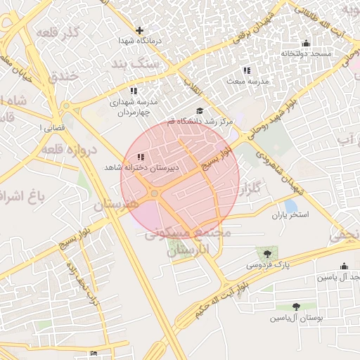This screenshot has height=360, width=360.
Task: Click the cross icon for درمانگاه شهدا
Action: pyautogui.click(x=139, y=30)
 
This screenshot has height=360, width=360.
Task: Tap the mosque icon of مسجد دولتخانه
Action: pyautogui.click(x=304, y=43)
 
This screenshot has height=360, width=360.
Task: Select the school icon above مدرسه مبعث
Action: pyautogui.click(x=246, y=70)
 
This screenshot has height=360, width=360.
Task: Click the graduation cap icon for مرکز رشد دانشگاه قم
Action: pyautogui.click(x=199, y=111)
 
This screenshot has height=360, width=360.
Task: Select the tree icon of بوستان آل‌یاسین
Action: pyautogui.click(x=295, y=307)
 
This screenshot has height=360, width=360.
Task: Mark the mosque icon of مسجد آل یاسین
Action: pyautogui.click(x=343, y=266)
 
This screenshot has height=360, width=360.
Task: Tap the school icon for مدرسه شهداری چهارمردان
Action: pyautogui.click(x=134, y=91)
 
